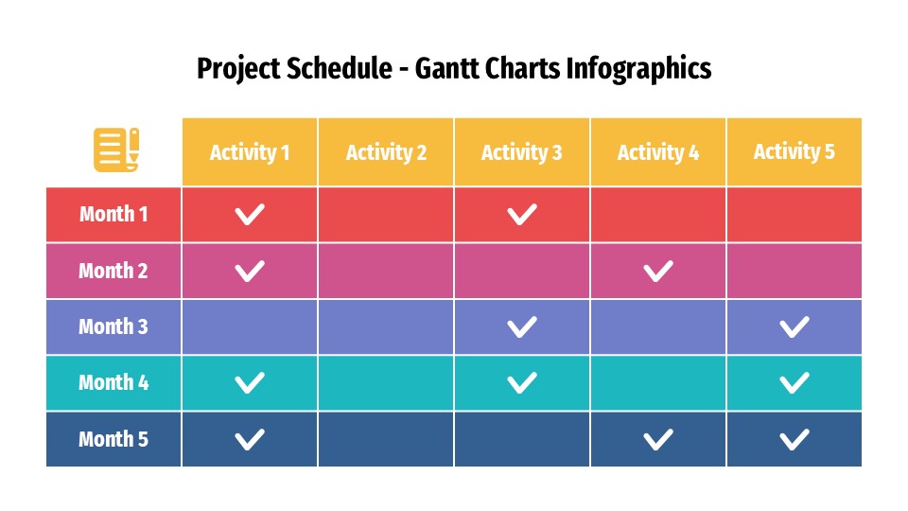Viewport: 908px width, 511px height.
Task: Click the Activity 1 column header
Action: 250,152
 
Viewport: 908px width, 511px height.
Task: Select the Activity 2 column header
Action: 386,152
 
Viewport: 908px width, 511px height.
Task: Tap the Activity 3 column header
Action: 522,152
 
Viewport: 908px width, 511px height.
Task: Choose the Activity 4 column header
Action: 658,152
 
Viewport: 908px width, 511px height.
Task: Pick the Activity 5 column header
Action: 794,152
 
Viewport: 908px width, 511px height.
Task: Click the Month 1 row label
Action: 113,215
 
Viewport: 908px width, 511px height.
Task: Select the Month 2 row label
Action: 113,272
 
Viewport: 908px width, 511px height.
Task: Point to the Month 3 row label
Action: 113,327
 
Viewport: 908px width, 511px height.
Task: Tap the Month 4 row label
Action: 113,383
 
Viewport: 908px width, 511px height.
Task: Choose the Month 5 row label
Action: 113,439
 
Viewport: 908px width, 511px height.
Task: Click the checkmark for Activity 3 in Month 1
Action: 522,215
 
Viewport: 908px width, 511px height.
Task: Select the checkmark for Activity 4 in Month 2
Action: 658,272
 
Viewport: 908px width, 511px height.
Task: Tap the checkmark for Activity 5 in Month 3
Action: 794,327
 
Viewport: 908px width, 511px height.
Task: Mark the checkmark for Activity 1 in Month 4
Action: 250,383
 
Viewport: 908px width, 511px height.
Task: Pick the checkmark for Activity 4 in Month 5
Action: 658,439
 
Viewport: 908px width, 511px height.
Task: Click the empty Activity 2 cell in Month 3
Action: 386,327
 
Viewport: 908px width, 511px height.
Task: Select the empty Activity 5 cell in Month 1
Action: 794,215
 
